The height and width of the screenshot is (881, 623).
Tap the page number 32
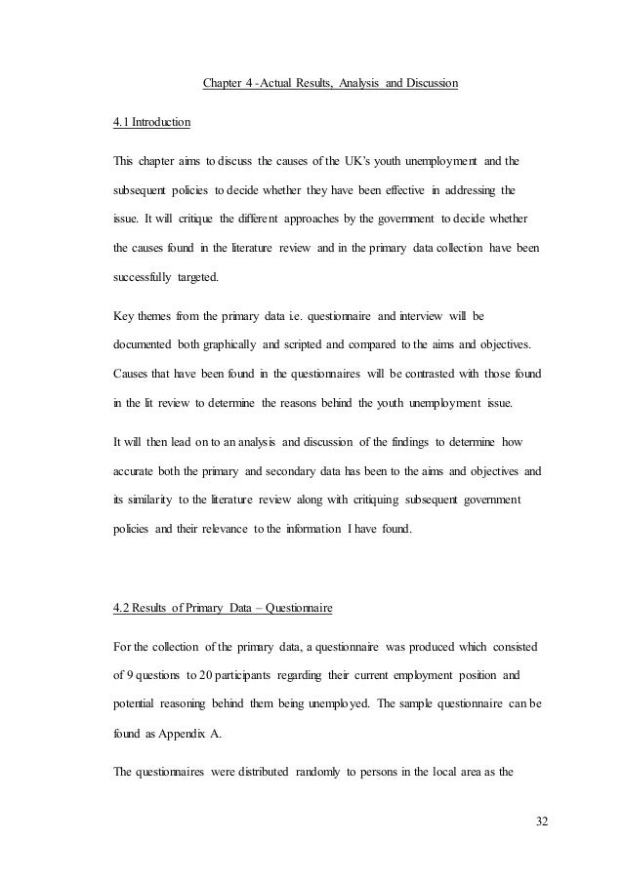(x=541, y=821)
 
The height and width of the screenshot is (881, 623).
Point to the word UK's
(x=372, y=159)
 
